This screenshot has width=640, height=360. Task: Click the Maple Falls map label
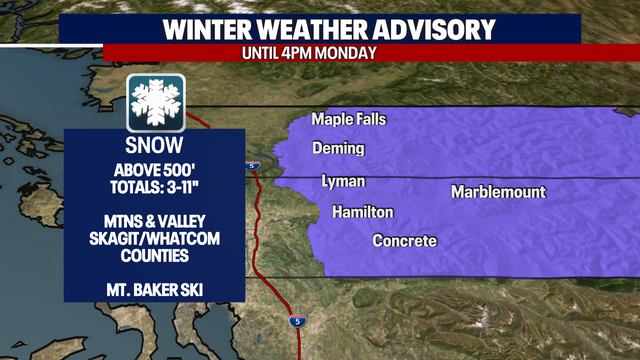point(348,119)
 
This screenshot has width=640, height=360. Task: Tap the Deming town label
point(338,149)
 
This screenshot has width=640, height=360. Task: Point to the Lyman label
point(343,181)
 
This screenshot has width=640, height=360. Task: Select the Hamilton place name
point(362,212)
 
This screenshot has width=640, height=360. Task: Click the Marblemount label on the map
point(498,191)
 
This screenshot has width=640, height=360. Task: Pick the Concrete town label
point(404,241)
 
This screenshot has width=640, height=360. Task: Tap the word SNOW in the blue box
point(154,144)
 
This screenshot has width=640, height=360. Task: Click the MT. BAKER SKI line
point(154,291)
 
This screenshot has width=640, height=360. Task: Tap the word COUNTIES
point(154,255)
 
